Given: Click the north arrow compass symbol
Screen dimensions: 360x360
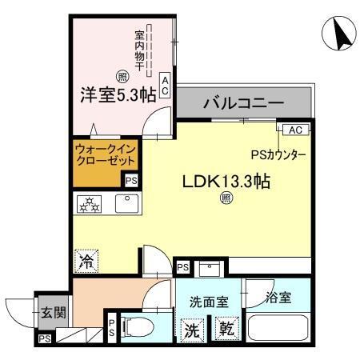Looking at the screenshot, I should point(337,33).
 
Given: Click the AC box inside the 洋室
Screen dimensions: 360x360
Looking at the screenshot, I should point(165,86).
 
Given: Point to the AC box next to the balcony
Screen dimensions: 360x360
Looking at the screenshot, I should point(293,130).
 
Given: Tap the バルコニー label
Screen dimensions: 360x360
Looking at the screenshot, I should point(243,103).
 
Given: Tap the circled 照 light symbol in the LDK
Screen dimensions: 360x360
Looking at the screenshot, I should point(226,198).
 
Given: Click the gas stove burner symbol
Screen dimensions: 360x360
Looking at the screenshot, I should point(88,204).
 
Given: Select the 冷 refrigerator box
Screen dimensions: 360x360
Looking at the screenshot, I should point(86,259).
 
